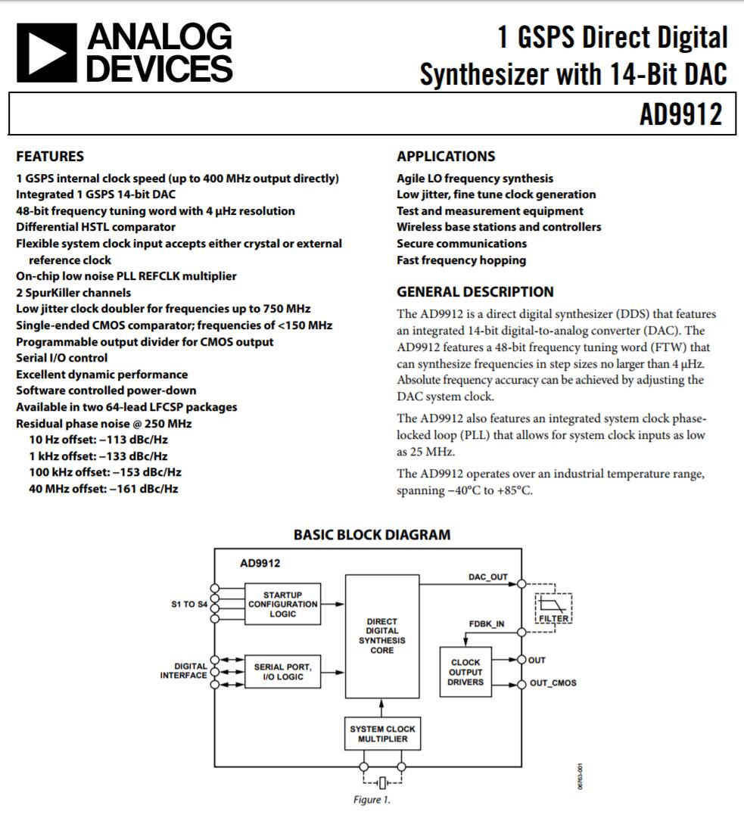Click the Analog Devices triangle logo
point(46,52)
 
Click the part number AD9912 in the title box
point(681,115)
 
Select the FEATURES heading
point(50,157)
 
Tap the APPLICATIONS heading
point(446,157)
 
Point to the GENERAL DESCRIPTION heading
point(475,292)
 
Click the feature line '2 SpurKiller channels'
point(73,293)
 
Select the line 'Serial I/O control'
point(62,358)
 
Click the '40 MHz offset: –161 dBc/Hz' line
point(104,489)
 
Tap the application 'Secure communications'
point(462,244)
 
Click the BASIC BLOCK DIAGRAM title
point(372,535)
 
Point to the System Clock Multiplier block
point(382,734)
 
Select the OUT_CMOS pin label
point(553,683)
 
